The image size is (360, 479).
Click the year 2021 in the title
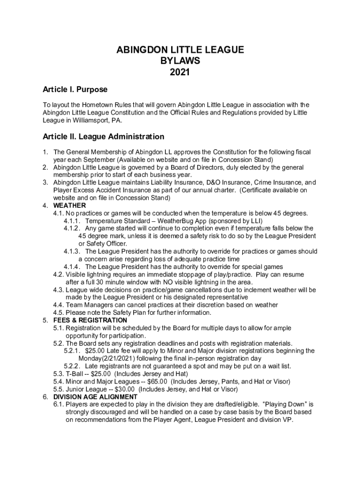point(180,72)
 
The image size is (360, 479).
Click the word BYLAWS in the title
point(180,61)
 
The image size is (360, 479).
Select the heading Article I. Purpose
point(75,89)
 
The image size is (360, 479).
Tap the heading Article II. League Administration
point(103,137)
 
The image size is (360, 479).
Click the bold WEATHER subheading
point(70,205)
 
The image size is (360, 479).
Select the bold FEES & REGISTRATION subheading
point(90,320)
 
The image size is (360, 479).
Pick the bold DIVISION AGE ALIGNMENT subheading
point(95,397)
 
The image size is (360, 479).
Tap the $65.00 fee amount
point(158,381)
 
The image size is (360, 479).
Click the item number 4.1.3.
point(72,251)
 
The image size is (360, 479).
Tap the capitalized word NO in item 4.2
point(168,282)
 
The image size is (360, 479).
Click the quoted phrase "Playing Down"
point(286,404)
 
